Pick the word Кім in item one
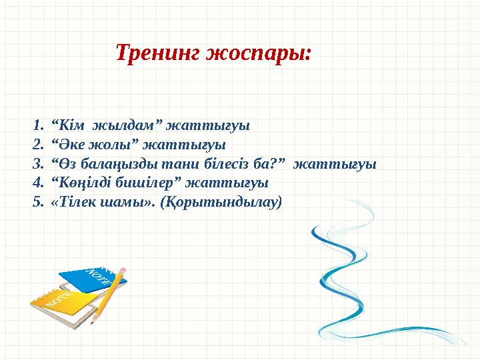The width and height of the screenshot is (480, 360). pyautogui.click(x=68, y=125)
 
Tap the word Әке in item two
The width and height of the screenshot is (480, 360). pyautogui.click(x=69, y=144)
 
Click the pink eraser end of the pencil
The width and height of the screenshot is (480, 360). pyautogui.click(x=124, y=269)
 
